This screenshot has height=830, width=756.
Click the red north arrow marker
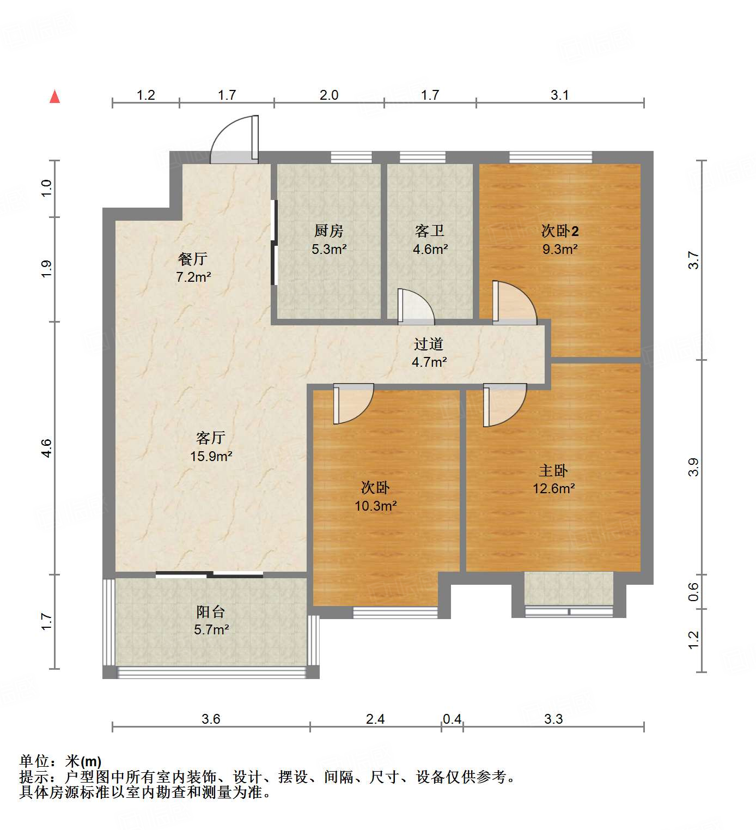[x=54, y=97]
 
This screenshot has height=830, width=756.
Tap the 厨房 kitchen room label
[x=329, y=231]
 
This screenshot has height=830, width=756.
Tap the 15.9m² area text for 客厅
[x=211, y=456]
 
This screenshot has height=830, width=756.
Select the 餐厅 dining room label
[x=193, y=259]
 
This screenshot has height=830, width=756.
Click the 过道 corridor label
[x=429, y=344]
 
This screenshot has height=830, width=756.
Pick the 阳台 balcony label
[x=211, y=611]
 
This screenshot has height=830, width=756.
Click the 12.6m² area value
[x=553, y=488]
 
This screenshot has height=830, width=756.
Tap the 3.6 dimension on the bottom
[x=211, y=719]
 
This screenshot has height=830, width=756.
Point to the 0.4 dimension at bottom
[x=452, y=719]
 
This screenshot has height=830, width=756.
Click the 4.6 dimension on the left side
[x=46, y=448]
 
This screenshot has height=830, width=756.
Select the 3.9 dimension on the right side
[x=693, y=468]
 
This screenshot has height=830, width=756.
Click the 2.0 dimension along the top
[x=329, y=95]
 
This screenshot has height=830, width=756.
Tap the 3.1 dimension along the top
[x=559, y=95]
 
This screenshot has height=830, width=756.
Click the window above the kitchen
[x=351, y=157]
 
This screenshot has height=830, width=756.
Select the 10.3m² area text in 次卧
[x=376, y=506]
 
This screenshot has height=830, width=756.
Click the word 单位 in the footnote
[x=34, y=761]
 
